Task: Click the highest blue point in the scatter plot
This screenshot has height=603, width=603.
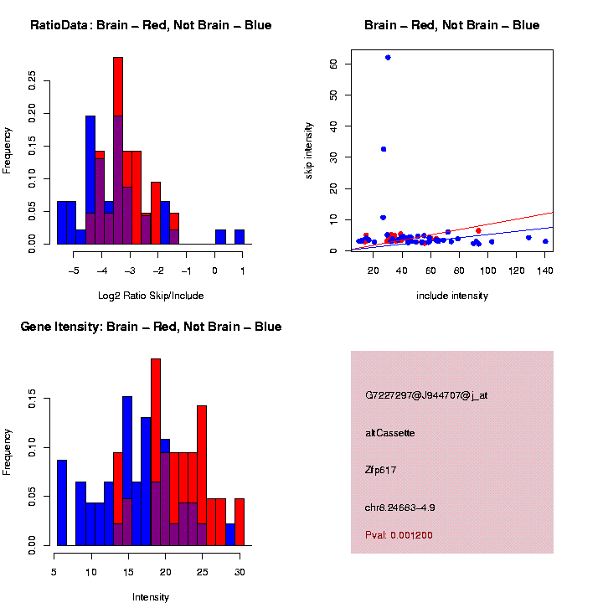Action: click(388, 57)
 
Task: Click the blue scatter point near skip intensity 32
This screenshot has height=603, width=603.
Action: click(384, 149)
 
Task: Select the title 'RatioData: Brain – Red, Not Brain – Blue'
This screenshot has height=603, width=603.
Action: click(151, 25)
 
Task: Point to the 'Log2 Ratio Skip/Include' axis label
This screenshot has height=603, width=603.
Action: click(151, 296)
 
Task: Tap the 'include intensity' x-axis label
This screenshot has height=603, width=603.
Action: click(452, 296)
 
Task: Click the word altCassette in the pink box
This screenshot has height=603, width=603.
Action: click(389, 433)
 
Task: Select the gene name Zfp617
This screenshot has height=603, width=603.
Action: click(380, 470)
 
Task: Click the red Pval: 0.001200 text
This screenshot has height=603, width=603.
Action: click(399, 534)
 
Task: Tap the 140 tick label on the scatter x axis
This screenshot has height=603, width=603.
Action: click(545, 270)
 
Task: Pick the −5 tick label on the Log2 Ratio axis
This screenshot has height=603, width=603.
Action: click(73, 270)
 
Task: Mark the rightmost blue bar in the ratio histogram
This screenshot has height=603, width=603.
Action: click(240, 237)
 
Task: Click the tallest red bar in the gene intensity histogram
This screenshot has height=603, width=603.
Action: click(156, 419)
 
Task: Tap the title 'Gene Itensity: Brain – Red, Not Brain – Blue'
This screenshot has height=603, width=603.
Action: click(151, 327)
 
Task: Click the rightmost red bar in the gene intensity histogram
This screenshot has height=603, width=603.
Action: click(240, 522)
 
